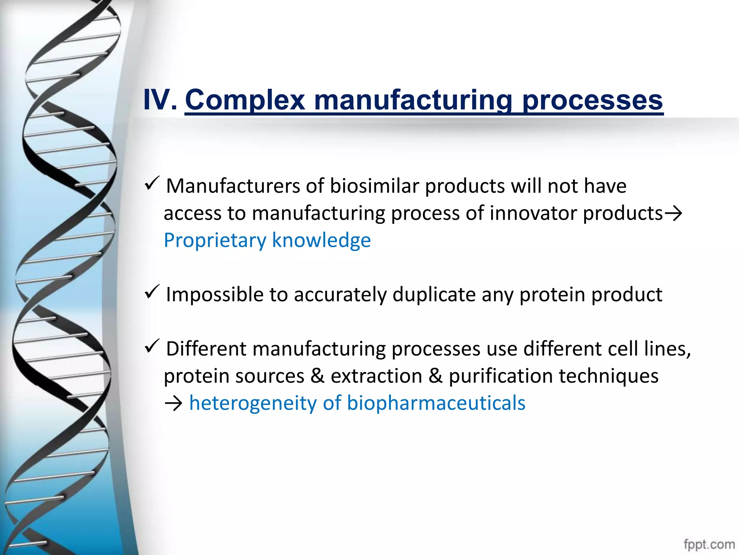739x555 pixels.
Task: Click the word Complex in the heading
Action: [x=245, y=100]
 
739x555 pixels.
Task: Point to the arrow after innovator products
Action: [x=673, y=214]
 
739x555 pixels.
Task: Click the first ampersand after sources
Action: [x=318, y=376]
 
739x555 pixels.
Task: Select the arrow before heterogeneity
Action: [x=173, y=404]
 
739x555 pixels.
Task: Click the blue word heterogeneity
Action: [x=253, y=403]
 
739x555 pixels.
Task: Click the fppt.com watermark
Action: [x=709, y=544]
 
